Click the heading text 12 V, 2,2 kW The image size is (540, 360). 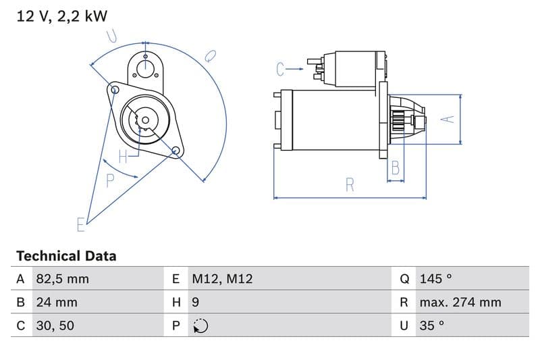(x=61, y=17)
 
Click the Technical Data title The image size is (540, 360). (x=66, y=256)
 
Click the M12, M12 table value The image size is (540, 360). (x=222, y=279)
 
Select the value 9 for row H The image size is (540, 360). (x=196, y=302)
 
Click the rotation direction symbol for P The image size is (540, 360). (x=200, y=326)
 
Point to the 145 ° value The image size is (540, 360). (x=435, y=279)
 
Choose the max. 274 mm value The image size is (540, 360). (x=460, y=302)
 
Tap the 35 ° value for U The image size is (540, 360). (x=431, y=325)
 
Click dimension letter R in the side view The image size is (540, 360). (x=350, y=184)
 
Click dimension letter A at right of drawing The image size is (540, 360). (x=447, y=118)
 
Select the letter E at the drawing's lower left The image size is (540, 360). (x=81, y=224)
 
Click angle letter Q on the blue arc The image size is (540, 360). (x=210, y=55)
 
